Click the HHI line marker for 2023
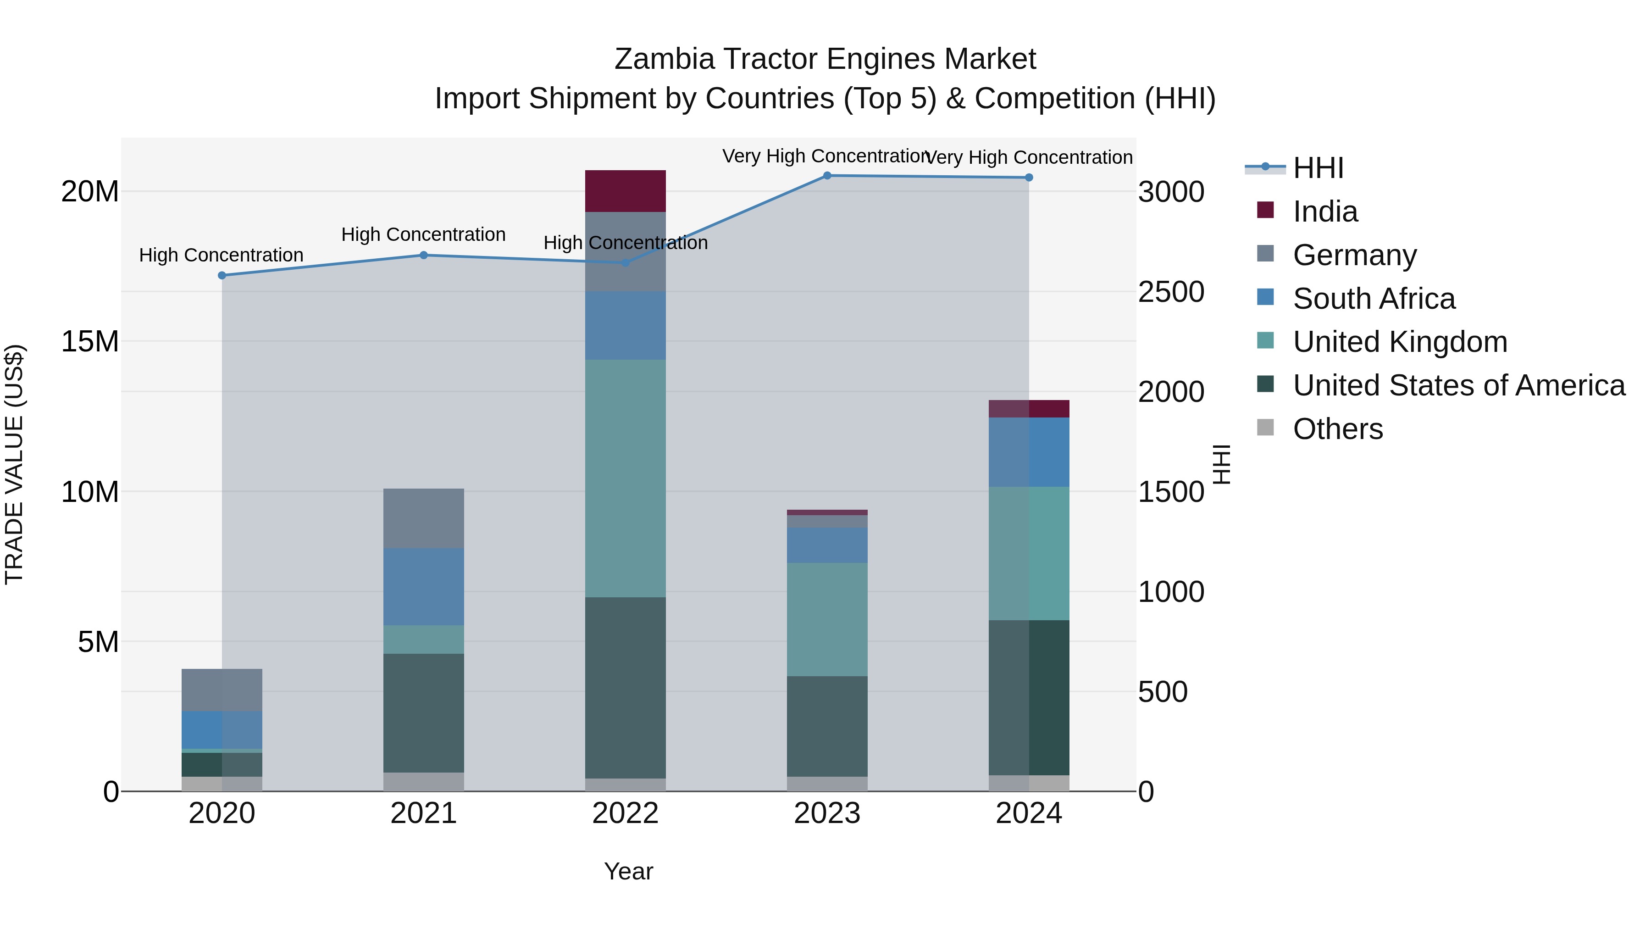pyautogui.click(x=827, y=176)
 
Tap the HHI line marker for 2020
pyautogui.click(x=222, y=276)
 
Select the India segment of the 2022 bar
pyautogui.click(x=625, y=191)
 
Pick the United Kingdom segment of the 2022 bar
pyautogui.click(x=625, y=478)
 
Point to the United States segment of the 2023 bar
pyautogui.click(x=827, y=726)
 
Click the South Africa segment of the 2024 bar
pyautogui.click(x=1029, y=452)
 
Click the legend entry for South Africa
pyautogui.click(x=1374, y=299)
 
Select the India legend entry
pyautogui.click(x=1325, y=211)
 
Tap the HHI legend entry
pyautogui.click(x=1318, y=168)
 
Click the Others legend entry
pyautogui.click(x=1338, y=429)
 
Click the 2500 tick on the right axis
pyautogui.click(x=1171, y=292)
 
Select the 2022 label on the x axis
pyautogui.click(x=625, y=813)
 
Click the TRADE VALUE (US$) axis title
pyautogui.click(x=14, y=464)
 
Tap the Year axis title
pyautogui.click(x=628, y=871)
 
